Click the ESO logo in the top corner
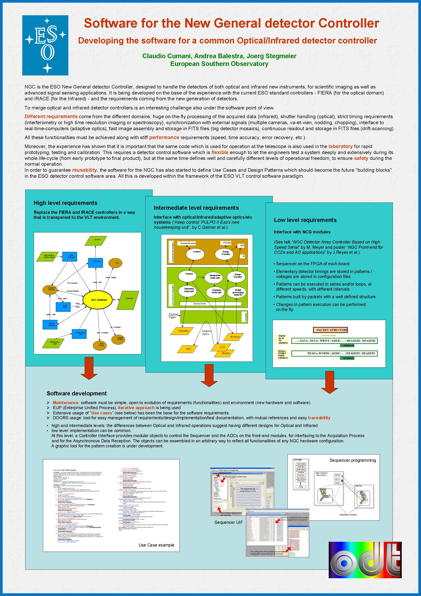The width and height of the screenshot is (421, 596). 45,45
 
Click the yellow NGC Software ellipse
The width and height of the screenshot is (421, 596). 99,300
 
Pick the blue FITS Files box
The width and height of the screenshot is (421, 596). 96,262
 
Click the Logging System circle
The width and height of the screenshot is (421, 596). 120,339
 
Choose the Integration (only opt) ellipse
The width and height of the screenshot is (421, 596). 215,276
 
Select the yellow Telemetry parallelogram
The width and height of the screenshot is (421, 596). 183,331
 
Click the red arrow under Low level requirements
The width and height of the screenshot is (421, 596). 330,382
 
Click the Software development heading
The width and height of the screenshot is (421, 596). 77,393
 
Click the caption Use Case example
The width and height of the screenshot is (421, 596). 156,545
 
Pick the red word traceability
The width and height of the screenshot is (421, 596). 319,418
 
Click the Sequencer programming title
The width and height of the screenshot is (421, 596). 353,460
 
